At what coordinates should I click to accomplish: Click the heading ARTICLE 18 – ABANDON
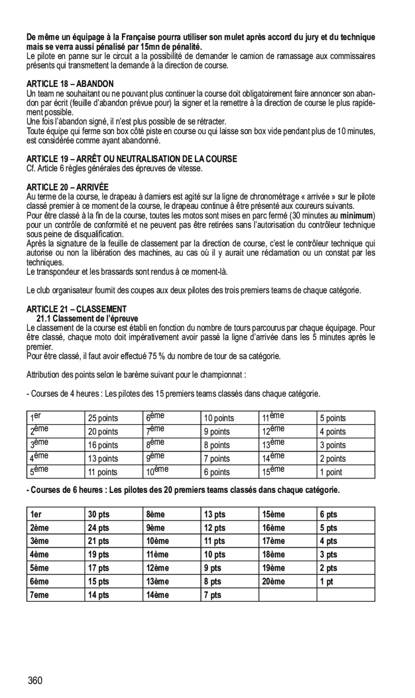(x=70, y=84)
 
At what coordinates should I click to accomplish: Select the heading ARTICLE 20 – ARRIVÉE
(x=67, y=187)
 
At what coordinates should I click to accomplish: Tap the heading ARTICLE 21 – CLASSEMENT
(x=76, y=309)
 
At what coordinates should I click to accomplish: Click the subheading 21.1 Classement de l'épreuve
(x=87, y=318)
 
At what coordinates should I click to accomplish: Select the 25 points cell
(x=103, y=418)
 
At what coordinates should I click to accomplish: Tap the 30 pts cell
(x=98, y=514)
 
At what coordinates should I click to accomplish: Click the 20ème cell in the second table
(x=273, y=581)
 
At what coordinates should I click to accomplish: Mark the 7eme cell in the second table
(x=39, y=595)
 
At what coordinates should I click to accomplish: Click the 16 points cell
(x=103, y=445)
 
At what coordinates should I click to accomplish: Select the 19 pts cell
(x=98, y=555)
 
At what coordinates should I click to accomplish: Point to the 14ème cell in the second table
(x=157, y=595)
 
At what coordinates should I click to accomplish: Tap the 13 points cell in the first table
(x=103, y=459)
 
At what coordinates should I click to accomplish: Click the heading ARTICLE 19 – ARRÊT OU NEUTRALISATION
(x=132, y=159)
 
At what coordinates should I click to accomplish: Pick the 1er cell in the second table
(x=36, y=514)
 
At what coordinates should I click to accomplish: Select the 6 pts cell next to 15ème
(x=328, y=514)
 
